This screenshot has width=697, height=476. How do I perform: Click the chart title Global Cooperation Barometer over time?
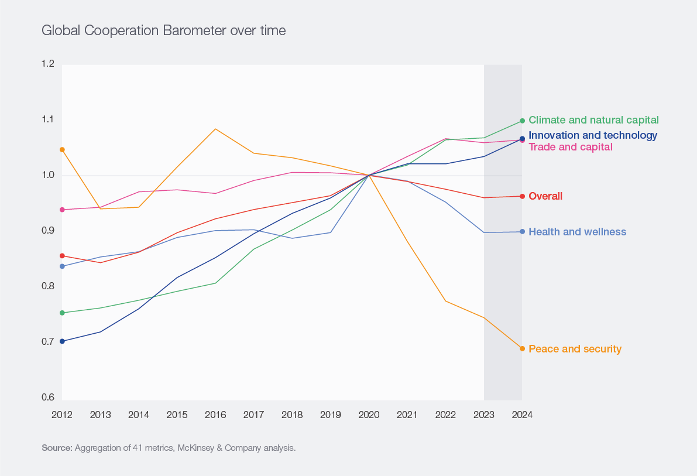click(x=163, y=30)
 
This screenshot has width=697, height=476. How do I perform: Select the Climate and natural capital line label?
click(x=593, y=120)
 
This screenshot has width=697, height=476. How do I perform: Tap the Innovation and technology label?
click(x=593, y=135)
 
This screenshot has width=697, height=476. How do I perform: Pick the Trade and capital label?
click(x=571, y=147)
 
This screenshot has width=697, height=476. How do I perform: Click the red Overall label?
click(x=545, y=196)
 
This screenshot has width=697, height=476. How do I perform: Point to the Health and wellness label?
click(x=577, y=232)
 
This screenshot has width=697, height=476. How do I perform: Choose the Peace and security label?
click(x=575, y=349)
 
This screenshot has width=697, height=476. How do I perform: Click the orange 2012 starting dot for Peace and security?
click(x=62, y=149)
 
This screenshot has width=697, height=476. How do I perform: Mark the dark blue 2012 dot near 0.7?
click(x=62, y=341)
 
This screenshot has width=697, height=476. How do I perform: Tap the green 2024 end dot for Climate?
click(x=522, y=121)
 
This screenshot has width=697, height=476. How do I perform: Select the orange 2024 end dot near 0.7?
click(x=522, y=348)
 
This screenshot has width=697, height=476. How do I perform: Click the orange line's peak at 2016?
click(x=215, y=129)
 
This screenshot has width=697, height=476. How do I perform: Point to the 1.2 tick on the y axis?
click(x=48, y=64)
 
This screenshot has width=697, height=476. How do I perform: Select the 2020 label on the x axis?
click(x=369, y=415)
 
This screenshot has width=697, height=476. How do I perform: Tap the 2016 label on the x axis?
click(x=215, y=415)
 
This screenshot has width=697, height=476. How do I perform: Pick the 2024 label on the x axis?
click(x=522, y=415)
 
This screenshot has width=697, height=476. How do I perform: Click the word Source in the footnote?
click(x=56, y=448)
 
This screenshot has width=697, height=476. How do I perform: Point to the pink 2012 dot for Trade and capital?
click(x=62, y=210)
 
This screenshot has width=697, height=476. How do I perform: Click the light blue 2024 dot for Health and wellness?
click(x=522, y=232)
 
